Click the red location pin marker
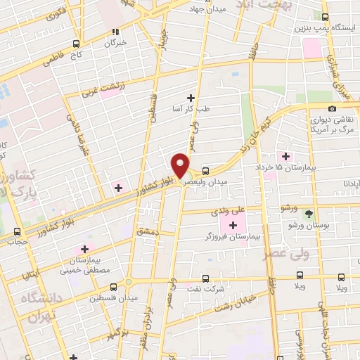(181, 165)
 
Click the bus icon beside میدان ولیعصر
(205, 170)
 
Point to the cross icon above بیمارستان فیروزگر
(233, 225)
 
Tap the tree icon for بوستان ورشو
(310, 212)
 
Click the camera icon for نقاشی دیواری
(312, 108)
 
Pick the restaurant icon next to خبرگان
(116, 32)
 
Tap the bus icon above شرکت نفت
(205, 278)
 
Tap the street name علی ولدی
(228, 210)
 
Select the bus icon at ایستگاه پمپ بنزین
(325, 17)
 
